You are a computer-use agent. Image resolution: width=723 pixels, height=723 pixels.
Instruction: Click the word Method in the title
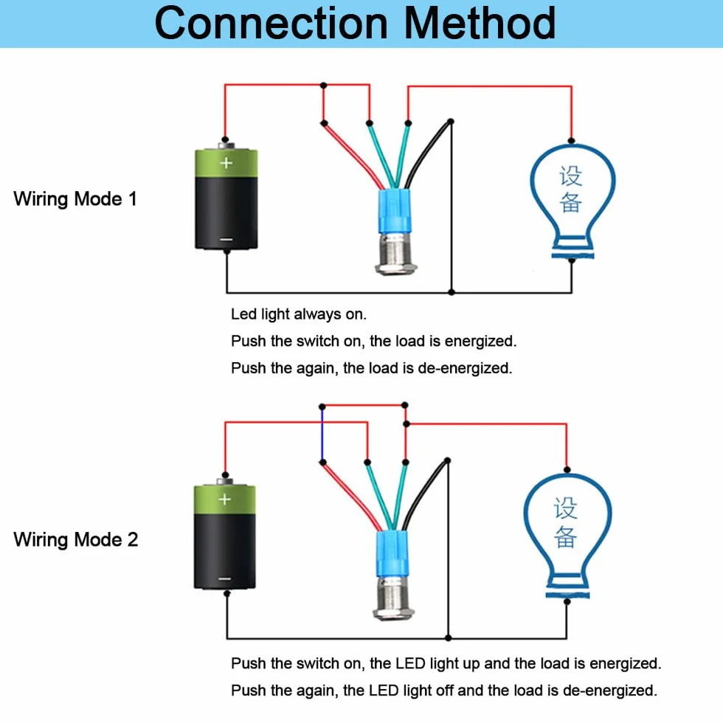480,23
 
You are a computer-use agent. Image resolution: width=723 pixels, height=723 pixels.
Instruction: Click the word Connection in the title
271,23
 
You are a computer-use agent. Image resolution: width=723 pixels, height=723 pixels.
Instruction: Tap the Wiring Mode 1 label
75,199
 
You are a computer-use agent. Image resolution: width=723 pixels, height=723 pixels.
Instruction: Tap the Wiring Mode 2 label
75,539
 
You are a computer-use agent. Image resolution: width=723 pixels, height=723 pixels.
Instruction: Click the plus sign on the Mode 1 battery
226,163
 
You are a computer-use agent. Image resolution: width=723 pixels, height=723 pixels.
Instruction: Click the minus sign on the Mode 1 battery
226,239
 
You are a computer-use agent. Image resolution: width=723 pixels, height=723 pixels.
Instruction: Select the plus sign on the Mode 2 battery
224,499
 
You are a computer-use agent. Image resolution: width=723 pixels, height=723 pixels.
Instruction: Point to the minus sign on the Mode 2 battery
224,578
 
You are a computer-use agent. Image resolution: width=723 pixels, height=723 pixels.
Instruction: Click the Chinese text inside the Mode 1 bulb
571,189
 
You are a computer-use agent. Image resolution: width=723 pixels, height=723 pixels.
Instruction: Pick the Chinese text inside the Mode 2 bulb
565,522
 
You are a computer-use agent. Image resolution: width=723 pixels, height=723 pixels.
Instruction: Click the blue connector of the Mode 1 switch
394,211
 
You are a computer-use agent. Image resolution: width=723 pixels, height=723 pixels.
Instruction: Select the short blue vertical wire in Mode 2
322,435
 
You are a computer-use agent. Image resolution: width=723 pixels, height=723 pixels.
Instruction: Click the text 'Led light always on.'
298,314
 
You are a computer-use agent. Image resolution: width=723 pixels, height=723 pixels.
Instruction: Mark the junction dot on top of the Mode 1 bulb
571,141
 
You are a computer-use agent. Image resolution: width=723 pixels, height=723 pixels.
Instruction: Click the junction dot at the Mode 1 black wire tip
451,122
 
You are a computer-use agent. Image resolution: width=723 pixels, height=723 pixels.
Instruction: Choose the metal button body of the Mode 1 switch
396,254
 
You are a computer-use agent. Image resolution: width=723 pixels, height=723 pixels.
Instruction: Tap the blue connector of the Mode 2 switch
392,554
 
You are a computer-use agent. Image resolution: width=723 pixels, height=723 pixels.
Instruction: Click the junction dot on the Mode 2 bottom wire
449,638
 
